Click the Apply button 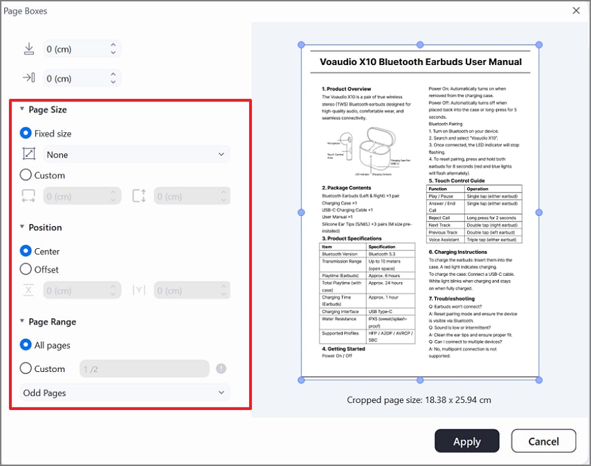point(466,442)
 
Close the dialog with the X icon point(576,10)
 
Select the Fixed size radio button point(26,133)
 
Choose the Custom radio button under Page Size point(26,175)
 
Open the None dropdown point(136,155)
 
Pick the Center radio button point(26,251)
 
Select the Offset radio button point(26,269)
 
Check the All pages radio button point(26,345)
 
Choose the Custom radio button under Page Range point(26,369)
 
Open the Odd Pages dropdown point(125,393)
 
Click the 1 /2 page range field point(144,369)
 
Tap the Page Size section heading point(47,109)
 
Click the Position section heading point(45,227)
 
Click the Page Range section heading point(52,321)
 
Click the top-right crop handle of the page point(539,45)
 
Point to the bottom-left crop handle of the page point(301,380)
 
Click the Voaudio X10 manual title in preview point(421,62)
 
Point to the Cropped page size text point(419,400)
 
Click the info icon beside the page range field point(221,369)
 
